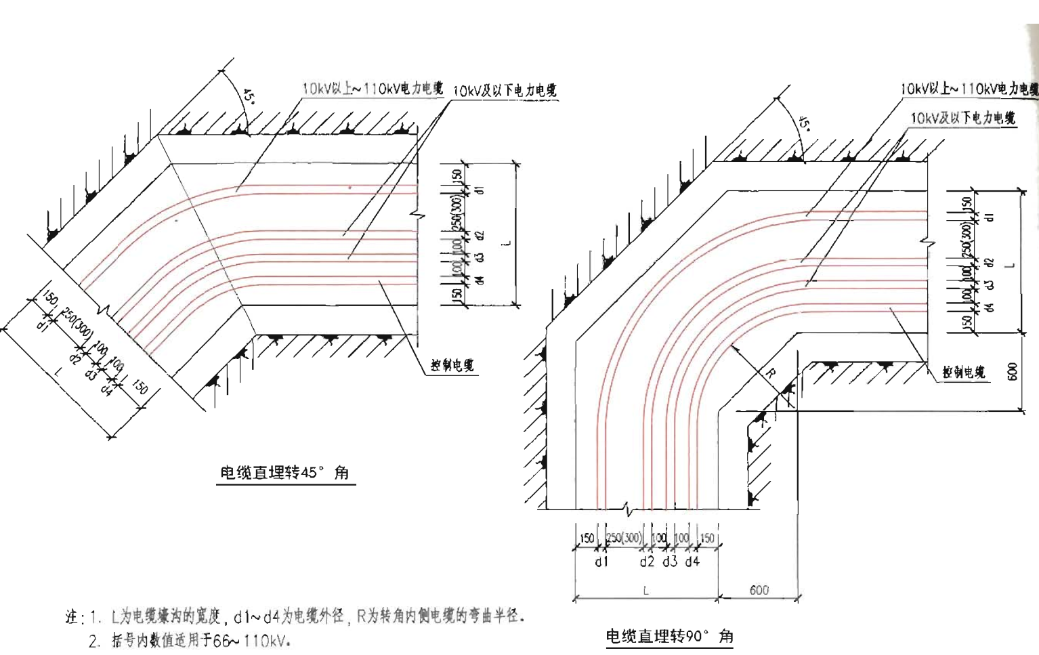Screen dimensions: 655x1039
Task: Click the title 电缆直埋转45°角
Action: coord(284,473)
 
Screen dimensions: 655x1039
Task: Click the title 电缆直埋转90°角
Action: coord(669,636)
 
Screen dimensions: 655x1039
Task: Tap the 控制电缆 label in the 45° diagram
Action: coord(452,366)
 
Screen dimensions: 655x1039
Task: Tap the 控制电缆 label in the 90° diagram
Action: coord(963,373)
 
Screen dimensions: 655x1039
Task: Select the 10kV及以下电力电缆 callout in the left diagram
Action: coord(505,91)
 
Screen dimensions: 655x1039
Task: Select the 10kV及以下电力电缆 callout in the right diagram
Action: coord(962,119)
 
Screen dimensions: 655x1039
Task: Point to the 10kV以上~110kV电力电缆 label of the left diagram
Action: coord(372,88)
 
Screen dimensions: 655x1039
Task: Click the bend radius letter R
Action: coord(770,373)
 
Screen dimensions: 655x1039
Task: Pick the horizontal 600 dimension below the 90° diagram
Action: coord(759,590)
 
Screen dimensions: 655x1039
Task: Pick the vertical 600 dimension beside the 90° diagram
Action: coord(1013,371)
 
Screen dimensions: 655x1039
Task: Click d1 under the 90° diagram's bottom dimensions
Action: coord(601,562)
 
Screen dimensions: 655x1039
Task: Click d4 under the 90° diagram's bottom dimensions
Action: coord(692,562)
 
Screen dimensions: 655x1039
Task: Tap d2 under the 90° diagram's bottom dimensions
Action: coord(647,562)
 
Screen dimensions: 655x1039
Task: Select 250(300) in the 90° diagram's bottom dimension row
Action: coord(624,538)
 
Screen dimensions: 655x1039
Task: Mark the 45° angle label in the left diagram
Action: coord(249,96)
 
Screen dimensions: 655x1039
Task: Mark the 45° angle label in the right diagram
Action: coord(804,123)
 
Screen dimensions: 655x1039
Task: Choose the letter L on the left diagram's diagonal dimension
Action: coord(58,371)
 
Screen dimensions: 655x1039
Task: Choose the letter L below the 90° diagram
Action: coord(645,591)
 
